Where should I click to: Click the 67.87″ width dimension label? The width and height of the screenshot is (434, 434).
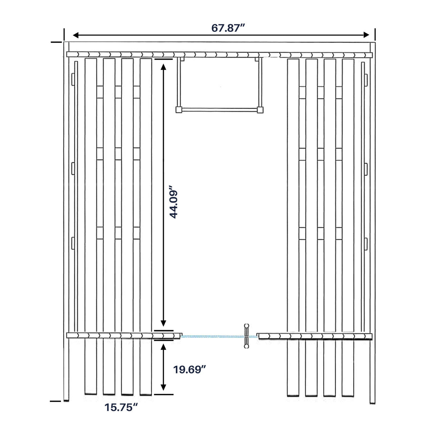click(x=228, y=28)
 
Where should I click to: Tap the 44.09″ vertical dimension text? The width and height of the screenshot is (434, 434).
click(x=174, y=202)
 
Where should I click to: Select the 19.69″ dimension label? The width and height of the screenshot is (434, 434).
click(x=190, y=370)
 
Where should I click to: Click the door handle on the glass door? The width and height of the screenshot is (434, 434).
click(x=246, y=336)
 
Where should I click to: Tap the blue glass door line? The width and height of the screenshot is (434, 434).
click(x=220, y=336)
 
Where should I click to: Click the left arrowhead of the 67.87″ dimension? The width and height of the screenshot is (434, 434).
click(x=76, y=35)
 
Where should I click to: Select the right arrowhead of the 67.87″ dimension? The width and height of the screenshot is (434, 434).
click(x=367, y=35)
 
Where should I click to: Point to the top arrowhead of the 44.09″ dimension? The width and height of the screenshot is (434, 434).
click(x=163, y=67)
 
